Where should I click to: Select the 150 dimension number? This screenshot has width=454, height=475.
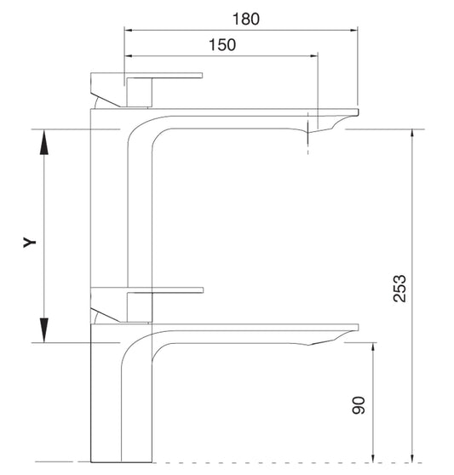tap(221, 46)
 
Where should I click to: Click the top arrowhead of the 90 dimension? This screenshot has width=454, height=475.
tap(373, 349)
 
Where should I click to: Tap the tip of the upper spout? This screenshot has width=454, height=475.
tap(357, 112)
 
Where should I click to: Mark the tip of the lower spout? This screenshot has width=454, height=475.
tap(357, 328)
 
